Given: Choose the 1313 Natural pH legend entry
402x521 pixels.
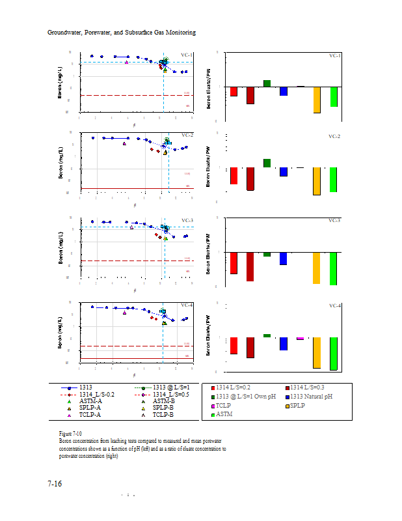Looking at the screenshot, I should tap(311, 397).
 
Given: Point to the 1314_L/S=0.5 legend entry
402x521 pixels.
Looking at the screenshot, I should tap(167, 395).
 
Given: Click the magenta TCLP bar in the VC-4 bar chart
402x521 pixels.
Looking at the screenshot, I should tap(300, 339).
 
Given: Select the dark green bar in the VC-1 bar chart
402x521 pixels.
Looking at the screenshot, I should tap(267, 83).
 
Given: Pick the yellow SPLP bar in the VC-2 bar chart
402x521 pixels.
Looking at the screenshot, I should tap(317, 181).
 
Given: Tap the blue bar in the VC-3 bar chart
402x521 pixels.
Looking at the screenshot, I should tap(283, 258).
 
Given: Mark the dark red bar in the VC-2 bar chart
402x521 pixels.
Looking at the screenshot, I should tap(250, 178).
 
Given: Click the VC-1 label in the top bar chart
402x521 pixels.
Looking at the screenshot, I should tap(335, 56).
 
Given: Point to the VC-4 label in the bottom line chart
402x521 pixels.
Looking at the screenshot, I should tap(187, 305).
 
